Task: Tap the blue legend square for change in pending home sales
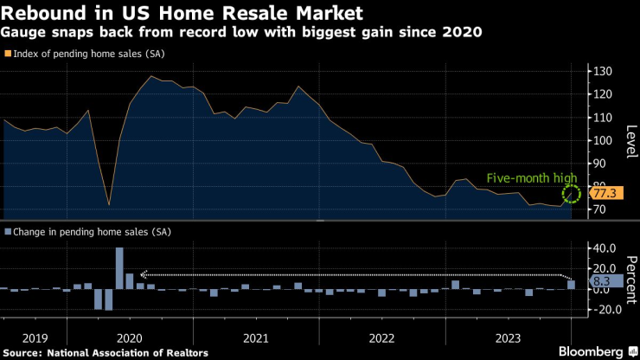pyautogui.click(x=8, y=233)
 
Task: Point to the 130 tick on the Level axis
pyautogui.click(x=603, y=71)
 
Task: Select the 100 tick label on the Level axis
pyautogui.click(x=603, y=140)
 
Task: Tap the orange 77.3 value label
pyautogui.click(x=603, y=192)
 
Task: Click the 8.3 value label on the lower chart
pyautogui.click(x=603, y=281)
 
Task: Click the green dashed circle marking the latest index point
pyautogui.click(x=570, y=193)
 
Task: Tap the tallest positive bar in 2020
pyautogui.click(x=119, y=268)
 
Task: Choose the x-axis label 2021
pyautogui.click(x=254, y=338)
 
